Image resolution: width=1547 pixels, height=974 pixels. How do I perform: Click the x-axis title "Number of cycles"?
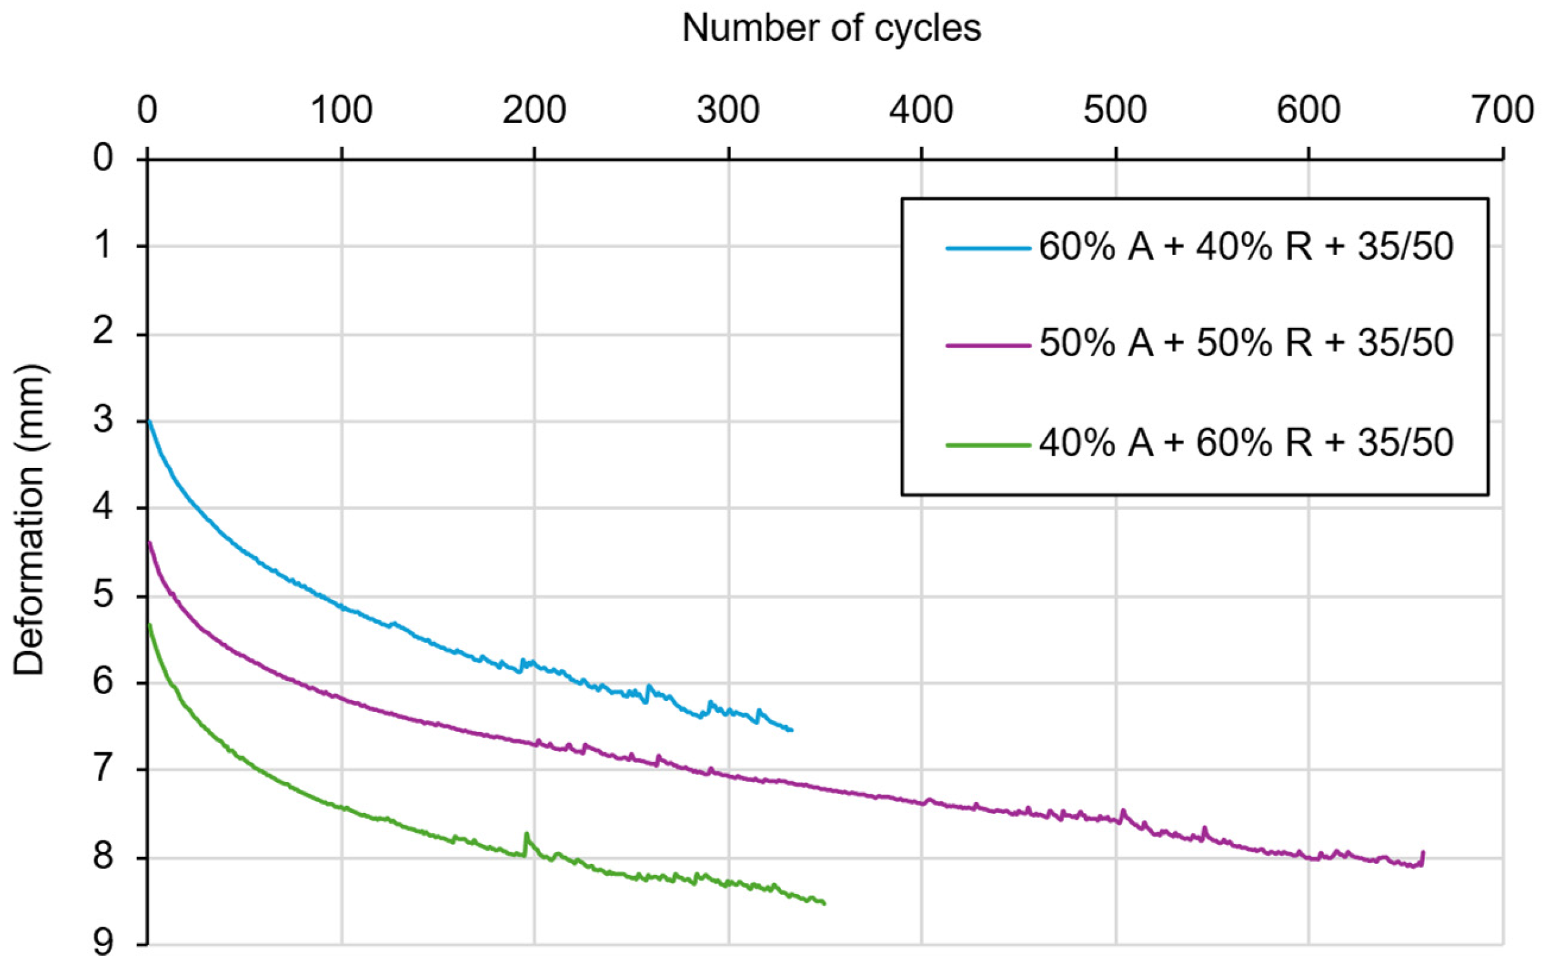pos(832,29)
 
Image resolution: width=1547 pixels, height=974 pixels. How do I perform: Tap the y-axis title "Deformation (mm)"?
pos(29,520)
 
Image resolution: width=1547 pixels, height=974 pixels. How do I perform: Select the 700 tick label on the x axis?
pos(1502,111)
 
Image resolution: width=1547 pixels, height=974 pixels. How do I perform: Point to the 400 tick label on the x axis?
pos(921,111)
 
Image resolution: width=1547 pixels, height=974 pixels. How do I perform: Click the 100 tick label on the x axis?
pos(341,111)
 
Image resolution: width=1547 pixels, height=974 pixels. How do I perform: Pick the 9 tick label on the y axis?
pos(104,944)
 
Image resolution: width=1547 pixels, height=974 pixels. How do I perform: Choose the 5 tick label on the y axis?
pos(104,596)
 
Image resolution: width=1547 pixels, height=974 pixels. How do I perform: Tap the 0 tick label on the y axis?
pos(104,157)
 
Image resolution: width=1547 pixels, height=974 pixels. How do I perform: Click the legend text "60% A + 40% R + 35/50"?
pos(1246,246)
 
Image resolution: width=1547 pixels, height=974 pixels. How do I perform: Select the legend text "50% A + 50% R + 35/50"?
pos(1246,344)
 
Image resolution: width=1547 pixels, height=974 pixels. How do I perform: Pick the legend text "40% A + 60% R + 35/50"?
pos(1246,443)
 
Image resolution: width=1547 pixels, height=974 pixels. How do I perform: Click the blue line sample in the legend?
pos(988,248)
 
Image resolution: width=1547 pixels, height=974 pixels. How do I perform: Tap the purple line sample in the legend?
pos(988,345)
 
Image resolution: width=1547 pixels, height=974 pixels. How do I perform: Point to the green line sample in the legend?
pos(988,444)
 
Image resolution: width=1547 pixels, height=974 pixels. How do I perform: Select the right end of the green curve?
pos(824,903)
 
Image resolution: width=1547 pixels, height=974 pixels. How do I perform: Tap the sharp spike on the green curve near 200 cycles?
pos(526,833)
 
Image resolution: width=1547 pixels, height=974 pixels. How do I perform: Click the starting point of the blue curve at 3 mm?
pos(149,421)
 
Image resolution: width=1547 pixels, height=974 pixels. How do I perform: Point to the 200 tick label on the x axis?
pos(534,111)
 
